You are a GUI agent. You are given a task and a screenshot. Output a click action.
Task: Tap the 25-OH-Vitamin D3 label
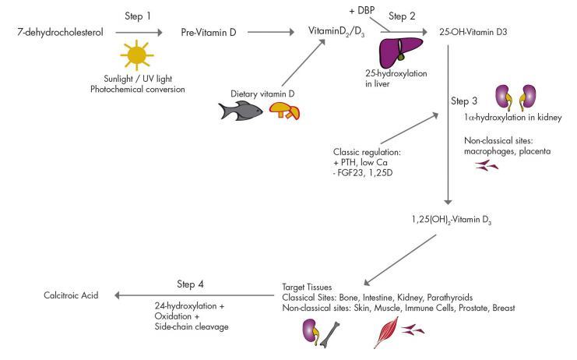coord(477,33)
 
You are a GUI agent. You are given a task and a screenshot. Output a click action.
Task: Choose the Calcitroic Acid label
coord(72,295)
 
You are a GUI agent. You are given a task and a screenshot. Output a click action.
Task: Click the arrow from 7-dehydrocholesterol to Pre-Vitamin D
coord(139,33)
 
